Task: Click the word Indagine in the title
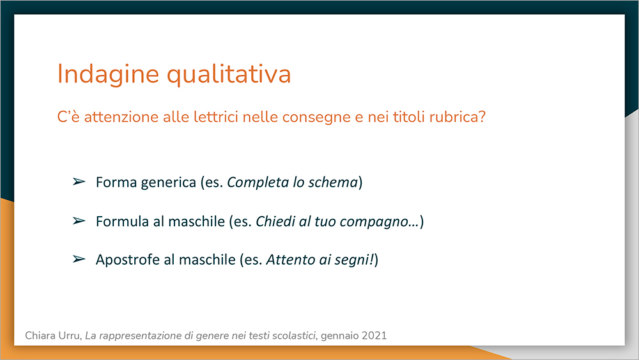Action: click(108, 75)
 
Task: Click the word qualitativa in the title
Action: click(229, 75)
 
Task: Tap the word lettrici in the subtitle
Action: click(216, 117)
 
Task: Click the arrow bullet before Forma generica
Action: click(79, 182)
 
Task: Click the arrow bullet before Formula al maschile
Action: click(79, 221)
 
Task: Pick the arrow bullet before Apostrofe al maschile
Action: click(79, 259)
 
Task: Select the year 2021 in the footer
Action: click(374, 336)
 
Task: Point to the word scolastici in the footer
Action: click(294, 336)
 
